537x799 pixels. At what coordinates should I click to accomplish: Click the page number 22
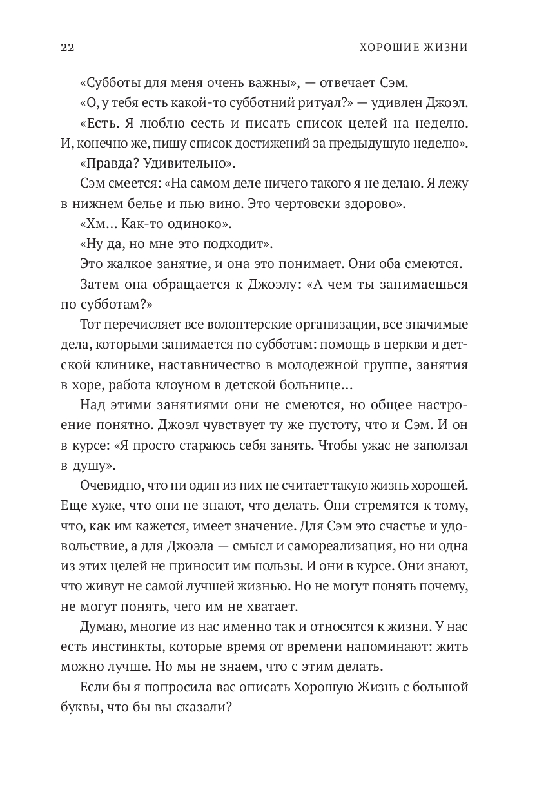coord(66,47)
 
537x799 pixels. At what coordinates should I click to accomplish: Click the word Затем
coord(100,284)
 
